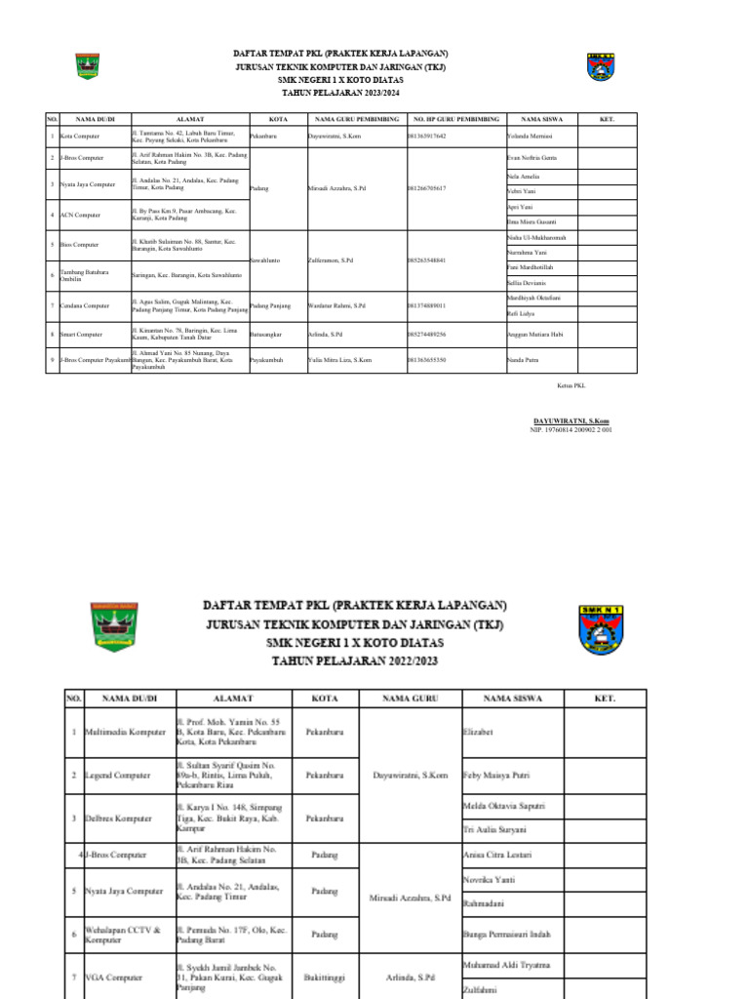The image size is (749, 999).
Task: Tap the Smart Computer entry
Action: [83, 334]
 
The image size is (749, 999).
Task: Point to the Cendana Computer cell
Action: [85, 305]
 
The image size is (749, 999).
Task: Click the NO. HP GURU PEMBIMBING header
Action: [455, 117]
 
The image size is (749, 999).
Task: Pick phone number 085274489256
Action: [426, 334]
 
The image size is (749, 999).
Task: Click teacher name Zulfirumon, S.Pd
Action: [331, 260]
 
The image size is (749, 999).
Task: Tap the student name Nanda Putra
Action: [523, 360]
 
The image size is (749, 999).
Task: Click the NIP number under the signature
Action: [571, 429]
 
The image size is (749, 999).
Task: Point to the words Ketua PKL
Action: [570, 387]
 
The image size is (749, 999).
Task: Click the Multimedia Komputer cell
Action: [126, 730]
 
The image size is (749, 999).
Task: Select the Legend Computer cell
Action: [118, 775]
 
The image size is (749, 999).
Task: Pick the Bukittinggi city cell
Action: [324, 976]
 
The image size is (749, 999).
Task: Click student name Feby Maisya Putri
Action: [504, 775]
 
